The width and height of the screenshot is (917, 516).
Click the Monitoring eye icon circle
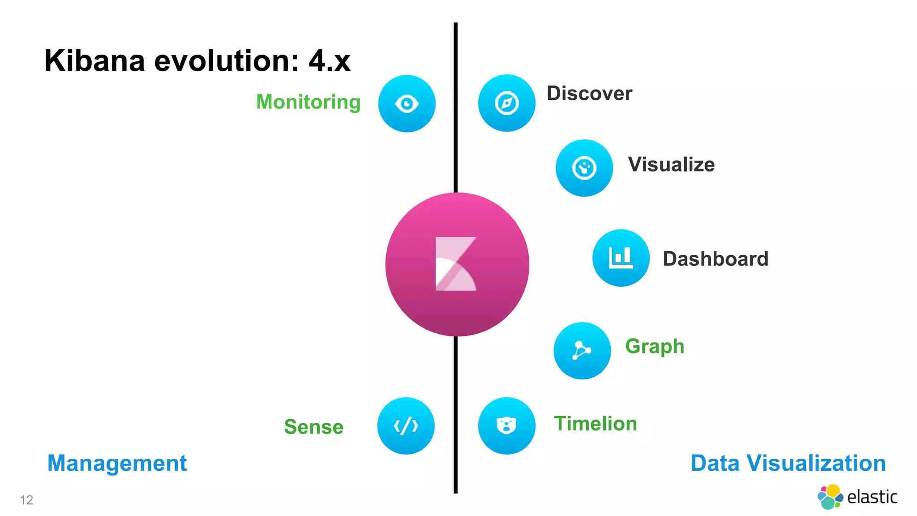407,103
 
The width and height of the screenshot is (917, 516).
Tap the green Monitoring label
308,102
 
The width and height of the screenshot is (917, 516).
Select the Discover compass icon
506,103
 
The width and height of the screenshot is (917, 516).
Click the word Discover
589,94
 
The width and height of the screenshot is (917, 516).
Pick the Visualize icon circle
584,168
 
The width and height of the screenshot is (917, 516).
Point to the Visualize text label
671,164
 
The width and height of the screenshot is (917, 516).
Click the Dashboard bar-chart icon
621,258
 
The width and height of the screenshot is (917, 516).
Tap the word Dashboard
715,259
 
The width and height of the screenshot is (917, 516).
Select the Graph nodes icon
582,350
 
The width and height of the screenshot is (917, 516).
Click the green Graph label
655,346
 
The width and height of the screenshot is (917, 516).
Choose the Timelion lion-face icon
506,426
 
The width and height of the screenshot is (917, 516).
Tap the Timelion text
595,424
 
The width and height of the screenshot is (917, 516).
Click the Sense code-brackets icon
406,426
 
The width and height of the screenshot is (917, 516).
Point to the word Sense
313,427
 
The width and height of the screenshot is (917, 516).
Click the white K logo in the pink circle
456,264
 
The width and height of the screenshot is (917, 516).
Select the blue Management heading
117,463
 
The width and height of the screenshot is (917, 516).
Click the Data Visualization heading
788,463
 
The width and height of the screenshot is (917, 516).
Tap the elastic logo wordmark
871,497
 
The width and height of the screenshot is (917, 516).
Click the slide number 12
26,500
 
